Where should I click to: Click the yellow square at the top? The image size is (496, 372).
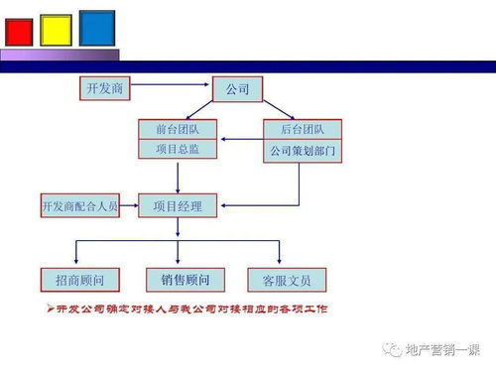57,30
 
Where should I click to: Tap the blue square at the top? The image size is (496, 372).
96,27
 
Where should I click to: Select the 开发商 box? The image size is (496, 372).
104,89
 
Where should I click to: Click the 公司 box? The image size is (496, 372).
238,90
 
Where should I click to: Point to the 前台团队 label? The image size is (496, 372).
176,129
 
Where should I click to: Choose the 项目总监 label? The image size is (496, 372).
176,149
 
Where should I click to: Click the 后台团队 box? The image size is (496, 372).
301,129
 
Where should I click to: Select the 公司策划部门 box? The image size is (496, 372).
301,151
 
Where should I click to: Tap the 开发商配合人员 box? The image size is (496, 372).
79,206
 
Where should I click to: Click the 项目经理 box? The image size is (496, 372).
177,206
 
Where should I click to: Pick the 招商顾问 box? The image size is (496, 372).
79,279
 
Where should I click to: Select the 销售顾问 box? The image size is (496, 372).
185,279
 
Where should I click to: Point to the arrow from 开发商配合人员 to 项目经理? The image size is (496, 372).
129,206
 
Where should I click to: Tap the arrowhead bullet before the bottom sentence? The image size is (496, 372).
51,309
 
